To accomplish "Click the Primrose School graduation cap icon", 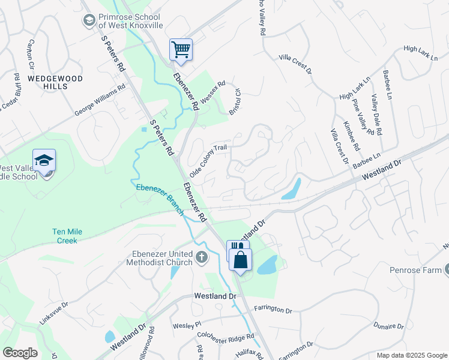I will coord(89,21).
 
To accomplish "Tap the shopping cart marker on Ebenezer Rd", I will coord(181,49).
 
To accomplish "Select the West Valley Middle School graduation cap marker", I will coord(44,160).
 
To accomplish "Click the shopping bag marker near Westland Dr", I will coord(240,260).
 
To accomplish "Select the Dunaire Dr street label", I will coord(388,325).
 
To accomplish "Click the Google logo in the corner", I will coord(19,352).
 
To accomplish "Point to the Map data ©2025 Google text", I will coord(412,355).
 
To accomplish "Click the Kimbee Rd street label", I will coord(351,136).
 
